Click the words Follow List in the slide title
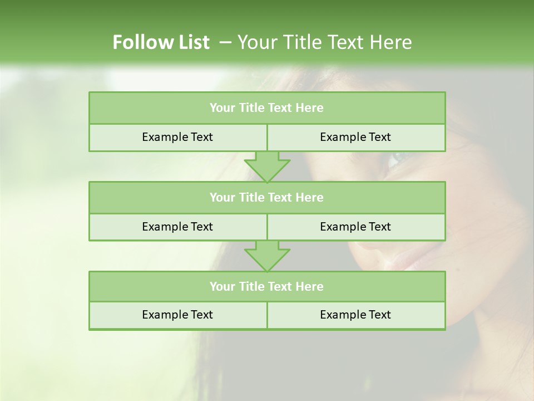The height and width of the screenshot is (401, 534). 161,42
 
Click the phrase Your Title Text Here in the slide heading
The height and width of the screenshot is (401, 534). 324,42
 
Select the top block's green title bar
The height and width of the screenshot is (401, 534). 267,108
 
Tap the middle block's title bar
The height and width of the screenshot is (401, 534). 267,197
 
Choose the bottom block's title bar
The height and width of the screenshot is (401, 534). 267,286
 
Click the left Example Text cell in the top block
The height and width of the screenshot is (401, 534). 177,137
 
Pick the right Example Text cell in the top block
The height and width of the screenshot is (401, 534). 355,137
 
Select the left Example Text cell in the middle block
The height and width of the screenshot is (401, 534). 177,227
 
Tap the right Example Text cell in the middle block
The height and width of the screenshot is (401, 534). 355,227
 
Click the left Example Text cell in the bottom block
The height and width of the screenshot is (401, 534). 177,315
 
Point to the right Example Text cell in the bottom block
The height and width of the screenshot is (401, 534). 355,315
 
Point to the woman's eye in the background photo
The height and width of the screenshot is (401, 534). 396,159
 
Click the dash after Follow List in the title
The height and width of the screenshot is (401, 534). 225,42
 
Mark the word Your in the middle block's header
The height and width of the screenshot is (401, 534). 222,197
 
